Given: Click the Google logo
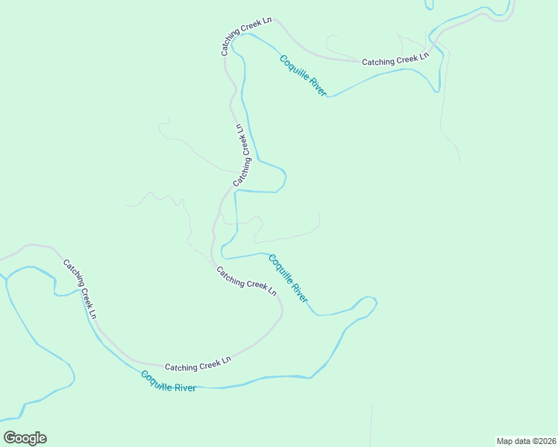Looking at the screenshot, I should click(25, 438).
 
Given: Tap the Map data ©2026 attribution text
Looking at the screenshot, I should click(525, 441).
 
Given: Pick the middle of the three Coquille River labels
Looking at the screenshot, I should click(288, 279).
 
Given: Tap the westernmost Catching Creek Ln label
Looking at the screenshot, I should click(80, 289).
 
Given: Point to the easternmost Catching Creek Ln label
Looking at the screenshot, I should click(396, 60).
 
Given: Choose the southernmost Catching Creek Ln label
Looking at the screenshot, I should click(198, 364).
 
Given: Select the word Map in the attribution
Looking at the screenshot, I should click(505, 441).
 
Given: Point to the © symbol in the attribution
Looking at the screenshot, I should click(533, 441).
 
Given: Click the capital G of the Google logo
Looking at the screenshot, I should click(10, 438).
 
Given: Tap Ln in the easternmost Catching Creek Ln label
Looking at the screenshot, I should click(424, 56).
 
